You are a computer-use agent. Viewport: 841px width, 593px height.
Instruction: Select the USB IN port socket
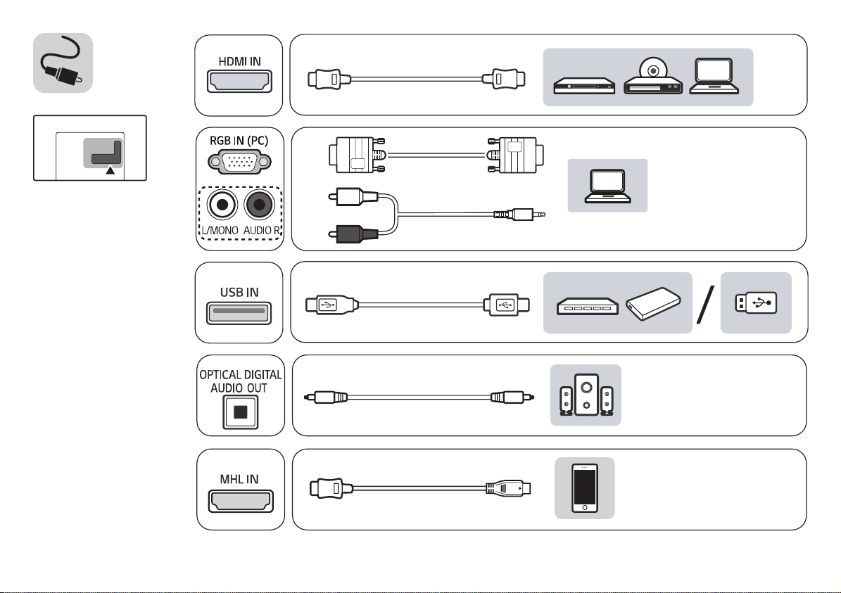[x=239, y=312]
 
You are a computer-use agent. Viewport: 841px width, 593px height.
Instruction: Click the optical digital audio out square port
[x=241, y=412]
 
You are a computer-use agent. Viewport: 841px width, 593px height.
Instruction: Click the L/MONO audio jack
[x=222, y=205]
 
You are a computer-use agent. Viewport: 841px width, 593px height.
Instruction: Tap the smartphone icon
[x=584, y=489]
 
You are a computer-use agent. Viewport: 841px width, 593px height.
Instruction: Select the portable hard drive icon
[x=655, y=304]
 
